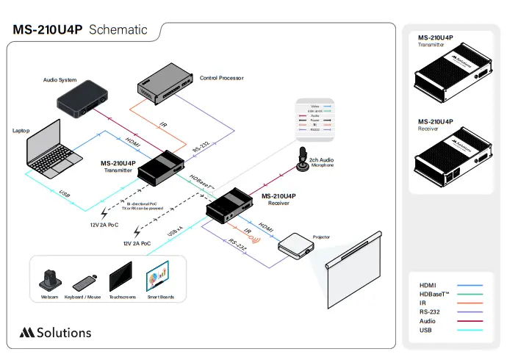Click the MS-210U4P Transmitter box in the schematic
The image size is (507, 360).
(x=162, y=168)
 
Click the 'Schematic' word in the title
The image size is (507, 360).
(x=118, y=30)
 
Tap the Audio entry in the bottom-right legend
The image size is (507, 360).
(x=428, y=321)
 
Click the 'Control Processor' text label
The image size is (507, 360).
(x=221, y=78)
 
